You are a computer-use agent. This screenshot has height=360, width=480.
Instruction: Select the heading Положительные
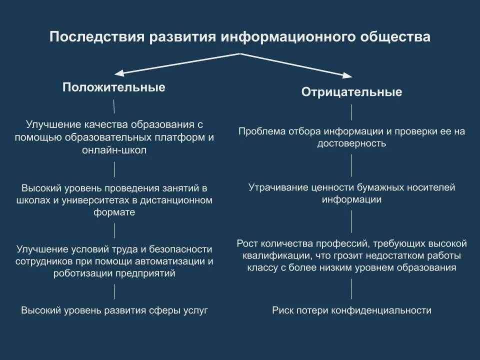click(114, 87)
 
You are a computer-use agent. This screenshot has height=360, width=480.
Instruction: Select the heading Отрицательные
click(351, 92)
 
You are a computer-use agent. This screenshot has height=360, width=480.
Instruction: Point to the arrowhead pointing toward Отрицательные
click(349, 75)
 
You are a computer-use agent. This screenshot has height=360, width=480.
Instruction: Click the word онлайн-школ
click(114, 150)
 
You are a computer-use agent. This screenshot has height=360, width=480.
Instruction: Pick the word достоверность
click(351, 143)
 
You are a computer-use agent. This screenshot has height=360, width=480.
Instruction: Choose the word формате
click(114, 212)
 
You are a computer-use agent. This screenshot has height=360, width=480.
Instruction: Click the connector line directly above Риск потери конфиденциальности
click(351, 289)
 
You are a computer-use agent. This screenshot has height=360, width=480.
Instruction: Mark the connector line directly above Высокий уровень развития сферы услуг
click(114, 291)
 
